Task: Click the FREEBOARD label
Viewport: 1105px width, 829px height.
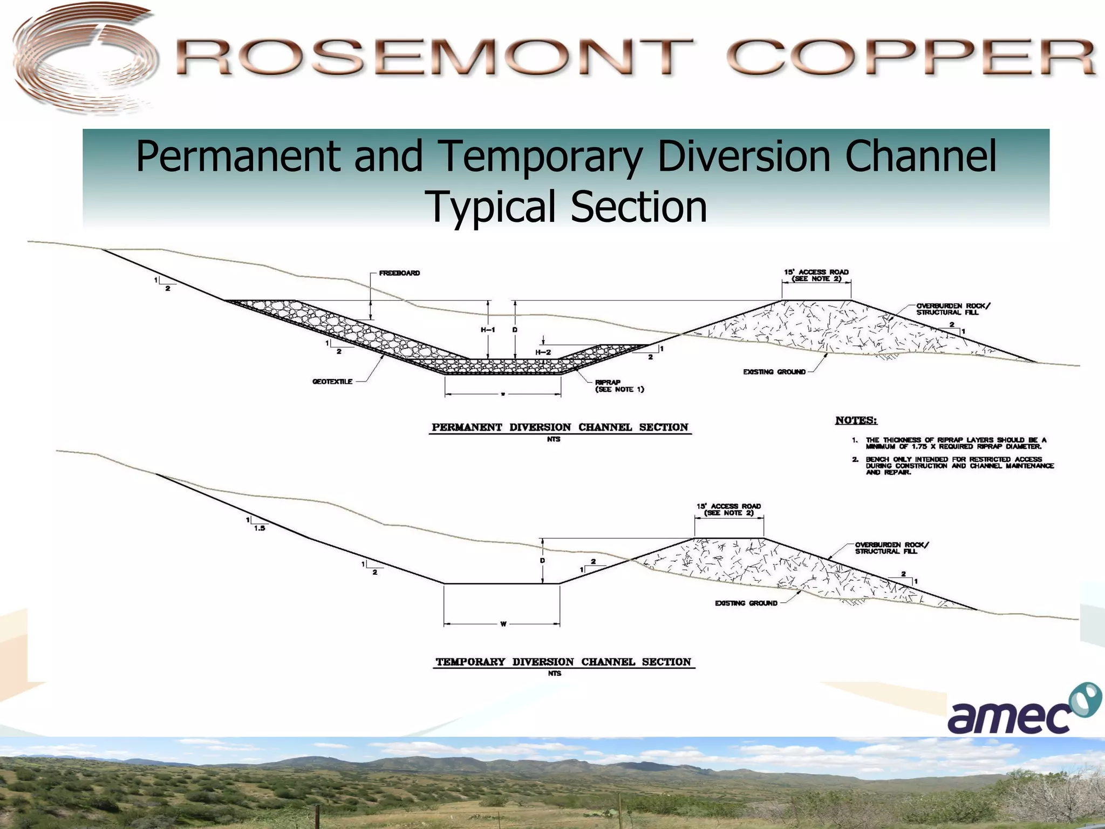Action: coord(399,273)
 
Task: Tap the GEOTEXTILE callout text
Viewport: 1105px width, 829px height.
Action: coord(332,382)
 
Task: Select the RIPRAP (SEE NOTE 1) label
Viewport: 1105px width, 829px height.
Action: coord(619,386)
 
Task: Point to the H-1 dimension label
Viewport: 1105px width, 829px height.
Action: coord(488,330)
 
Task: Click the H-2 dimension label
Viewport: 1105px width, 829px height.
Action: coord(543,352)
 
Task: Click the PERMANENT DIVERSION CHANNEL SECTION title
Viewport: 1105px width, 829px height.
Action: coord(560,427)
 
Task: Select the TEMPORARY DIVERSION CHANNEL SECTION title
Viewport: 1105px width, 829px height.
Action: coord(563,662)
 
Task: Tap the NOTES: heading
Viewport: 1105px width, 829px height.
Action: coord(856,420)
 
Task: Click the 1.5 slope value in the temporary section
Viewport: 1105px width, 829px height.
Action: coord(260,528)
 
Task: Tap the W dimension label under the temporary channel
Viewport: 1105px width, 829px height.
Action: coord(503,624)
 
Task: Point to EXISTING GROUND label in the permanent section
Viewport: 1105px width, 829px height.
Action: coord(774,372)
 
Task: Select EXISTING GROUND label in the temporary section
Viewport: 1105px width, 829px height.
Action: coord(746,603)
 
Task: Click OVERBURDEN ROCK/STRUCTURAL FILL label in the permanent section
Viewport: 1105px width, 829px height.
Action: coord(953,309)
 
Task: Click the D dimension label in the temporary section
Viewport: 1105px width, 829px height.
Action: coord(542,561)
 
